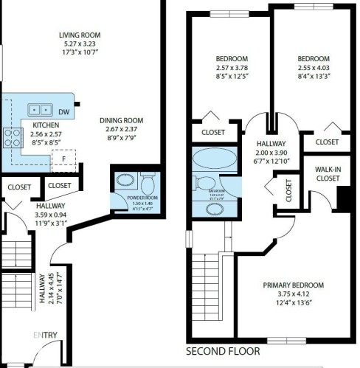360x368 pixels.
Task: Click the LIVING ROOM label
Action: coord(80,35)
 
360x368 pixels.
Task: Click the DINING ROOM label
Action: coord(122,120)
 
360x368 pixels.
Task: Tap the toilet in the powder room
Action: coord(146,181)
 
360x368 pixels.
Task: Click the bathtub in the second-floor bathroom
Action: coord(213,159)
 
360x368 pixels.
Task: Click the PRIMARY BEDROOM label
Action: coord(294,285)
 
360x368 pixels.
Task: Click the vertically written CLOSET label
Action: coord(288,190)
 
